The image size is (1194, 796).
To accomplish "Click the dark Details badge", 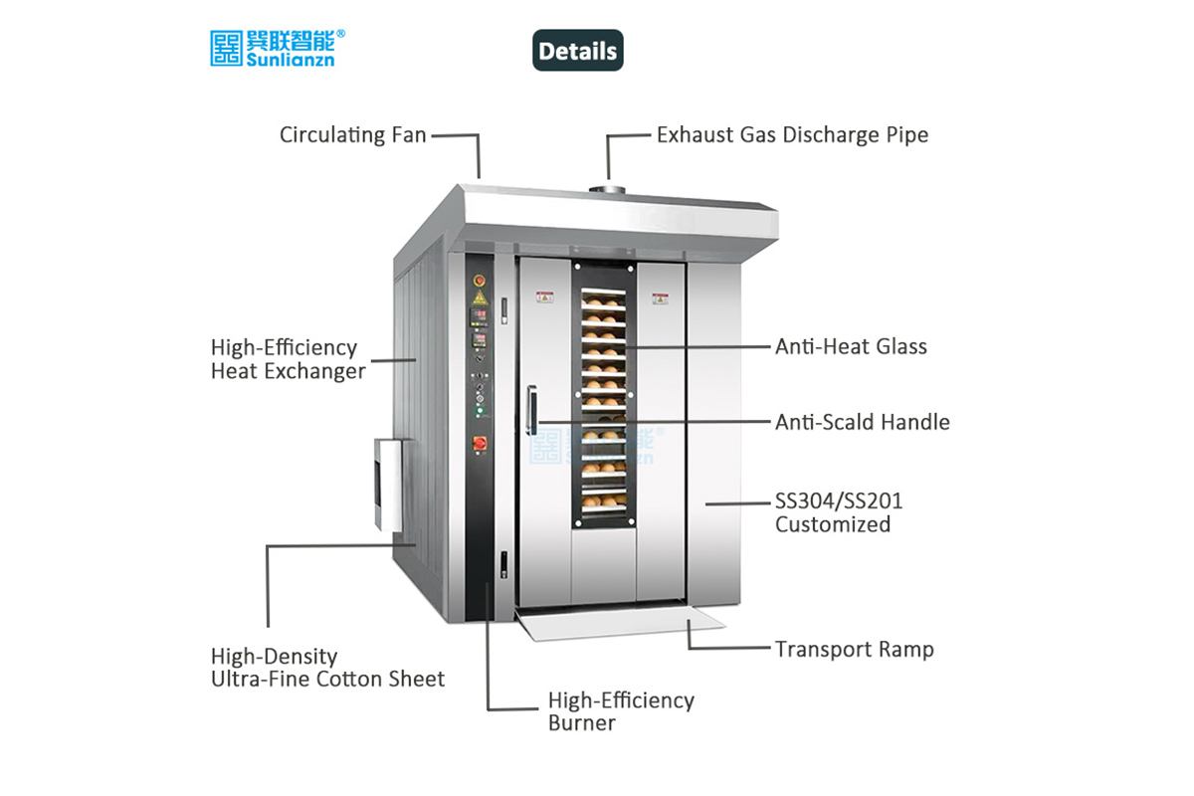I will pyautogui.click(x=577, y=51).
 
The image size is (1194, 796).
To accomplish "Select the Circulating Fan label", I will pyautogui.click(x=352, y=135).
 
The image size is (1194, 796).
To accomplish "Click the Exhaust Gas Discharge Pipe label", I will pyautogui.click(x=792, y=135).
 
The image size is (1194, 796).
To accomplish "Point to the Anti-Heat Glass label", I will pyautogui.click(x=851, y=346).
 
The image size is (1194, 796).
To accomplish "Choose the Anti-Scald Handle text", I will pyautogui.click(x=862, y=422).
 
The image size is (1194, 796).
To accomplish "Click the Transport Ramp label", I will pyautogui.click(x=854, y=650).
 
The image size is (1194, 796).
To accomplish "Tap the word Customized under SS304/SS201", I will pyautogui.click(x=833, y=524).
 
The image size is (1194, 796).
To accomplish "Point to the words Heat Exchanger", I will pyautogui.click(x=289, y=371).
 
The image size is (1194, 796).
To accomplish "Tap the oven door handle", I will pyautogui.click(x=532, y=409).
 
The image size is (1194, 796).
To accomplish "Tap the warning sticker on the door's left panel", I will pyautogui.click(x=544, y=296).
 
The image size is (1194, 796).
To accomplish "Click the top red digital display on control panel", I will pyautogui.click(x=479, y=316).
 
